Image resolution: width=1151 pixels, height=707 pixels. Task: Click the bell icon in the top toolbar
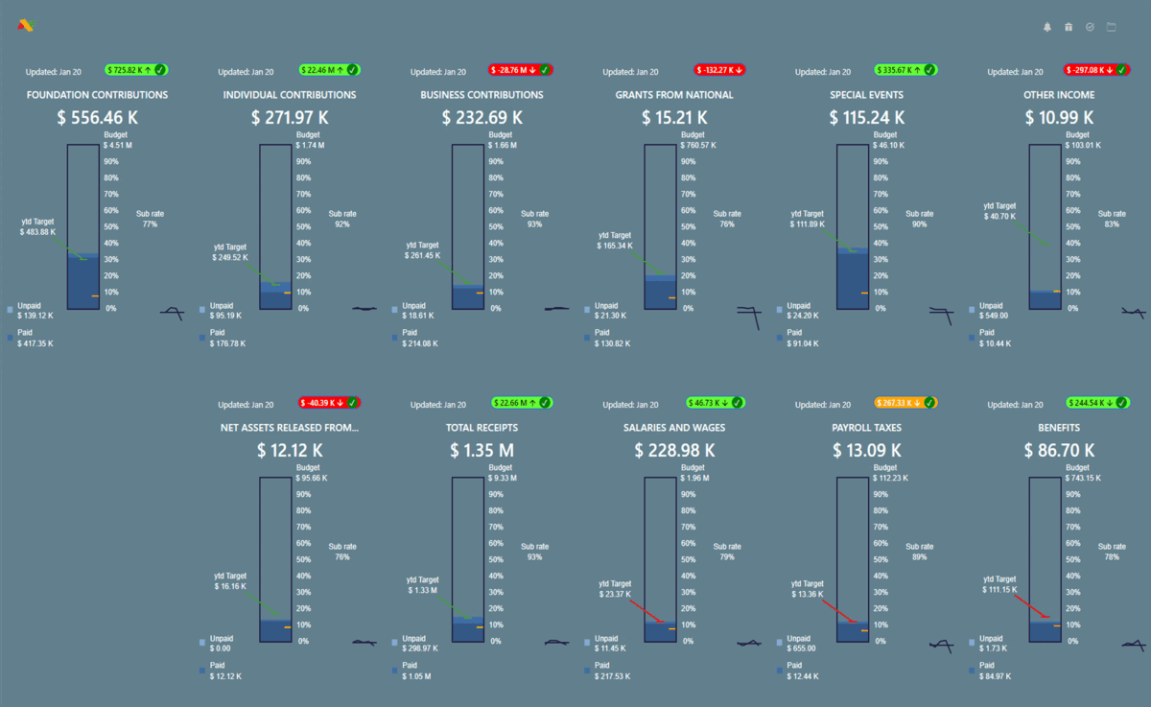[x=1047, y=27]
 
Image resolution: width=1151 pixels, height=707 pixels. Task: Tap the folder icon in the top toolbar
[x=1112, y=27]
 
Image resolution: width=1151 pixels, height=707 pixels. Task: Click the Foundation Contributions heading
[x=98, y=95]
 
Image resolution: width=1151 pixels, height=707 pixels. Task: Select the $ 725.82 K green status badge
[x=136, y=70]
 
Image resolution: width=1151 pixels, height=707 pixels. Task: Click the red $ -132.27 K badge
[x=720, y=70]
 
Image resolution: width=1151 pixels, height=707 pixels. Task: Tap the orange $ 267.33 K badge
[x=906, y=403]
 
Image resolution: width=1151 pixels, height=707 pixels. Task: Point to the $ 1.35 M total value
[x=482, y=450]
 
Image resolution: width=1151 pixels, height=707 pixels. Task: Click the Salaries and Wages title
[x=673, y=428]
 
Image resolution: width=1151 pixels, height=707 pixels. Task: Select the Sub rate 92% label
[x=341, y=219]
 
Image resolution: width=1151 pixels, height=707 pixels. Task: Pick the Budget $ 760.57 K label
[x=699, y=140]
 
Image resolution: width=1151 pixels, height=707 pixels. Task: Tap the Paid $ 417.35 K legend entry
[x=35, y=338]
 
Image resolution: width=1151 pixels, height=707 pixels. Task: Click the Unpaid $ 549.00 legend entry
[x=996, y=310]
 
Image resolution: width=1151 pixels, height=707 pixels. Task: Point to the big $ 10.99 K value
[x=1059, y=117]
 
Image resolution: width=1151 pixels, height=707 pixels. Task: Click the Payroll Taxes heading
[x=866, y=428]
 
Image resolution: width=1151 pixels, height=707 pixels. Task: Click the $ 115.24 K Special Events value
[x=866, y=117]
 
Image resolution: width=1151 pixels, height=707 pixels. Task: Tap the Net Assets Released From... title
[x=290, y=428]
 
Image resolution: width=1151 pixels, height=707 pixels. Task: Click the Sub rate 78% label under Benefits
[x=1112, y=552]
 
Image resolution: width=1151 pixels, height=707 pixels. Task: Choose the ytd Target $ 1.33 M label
[x=422, y=585]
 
